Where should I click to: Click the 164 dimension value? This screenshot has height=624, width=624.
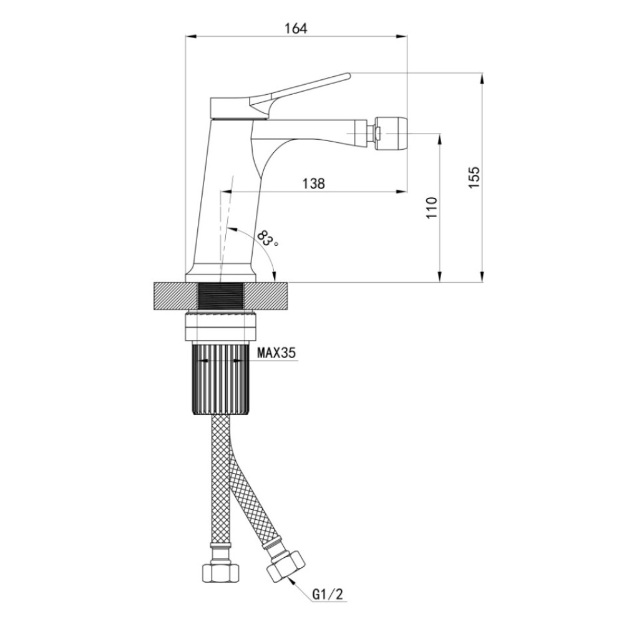click(296, 29)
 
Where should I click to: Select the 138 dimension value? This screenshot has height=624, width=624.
click(314, 183)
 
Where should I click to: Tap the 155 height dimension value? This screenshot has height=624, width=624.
click(474, 177)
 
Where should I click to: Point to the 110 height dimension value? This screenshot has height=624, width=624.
click(432, 207)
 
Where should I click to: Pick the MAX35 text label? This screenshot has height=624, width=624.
click(277, 353)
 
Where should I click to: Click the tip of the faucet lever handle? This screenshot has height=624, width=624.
click(349, 74)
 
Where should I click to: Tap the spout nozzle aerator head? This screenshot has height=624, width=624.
click(390, 132)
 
